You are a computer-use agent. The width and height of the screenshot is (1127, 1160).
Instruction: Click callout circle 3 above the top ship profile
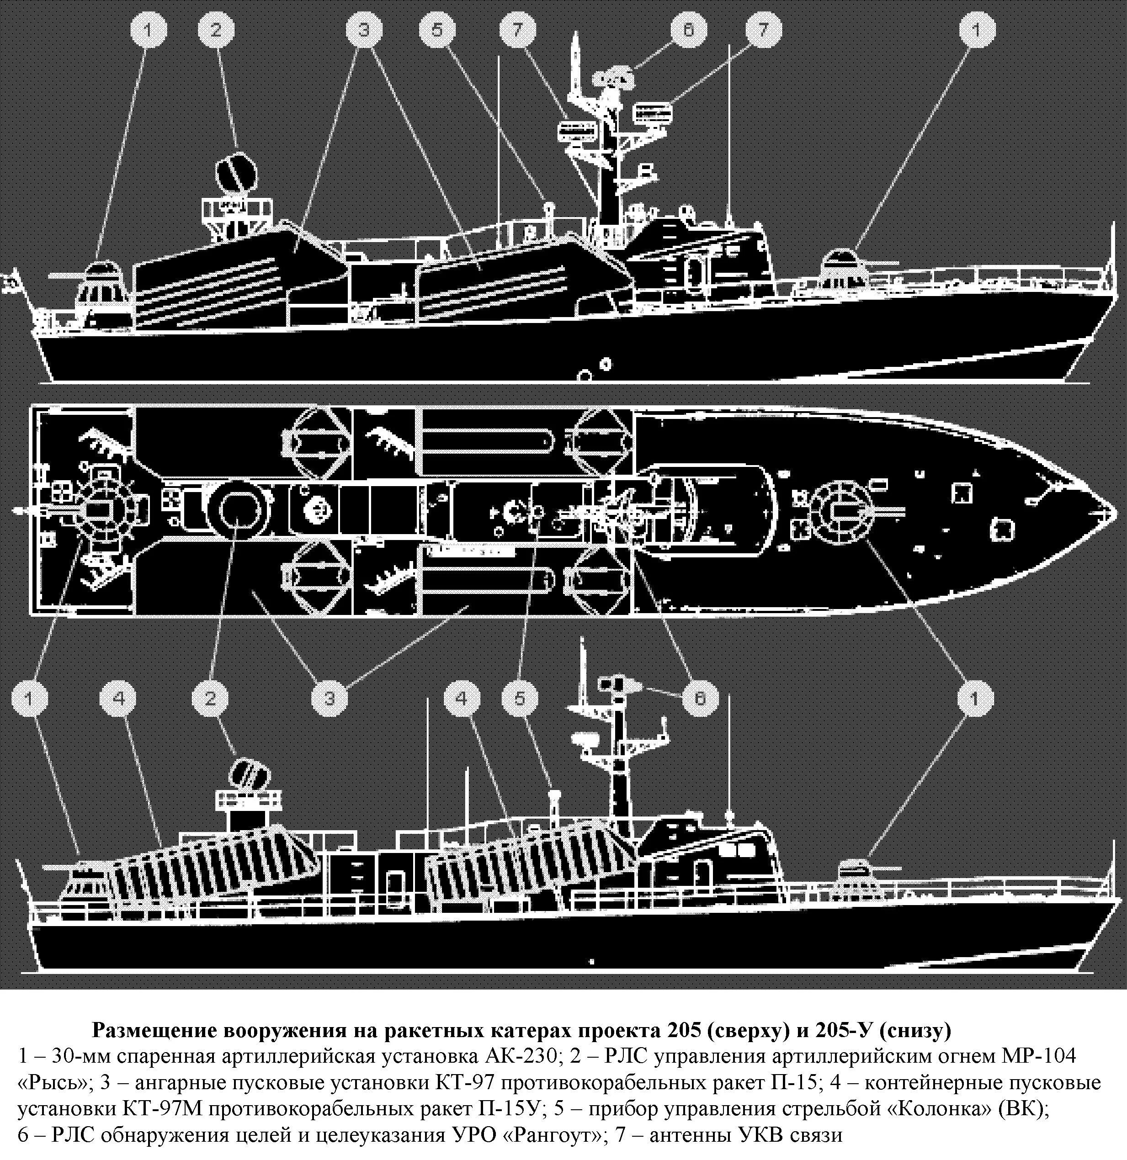coord(363,31)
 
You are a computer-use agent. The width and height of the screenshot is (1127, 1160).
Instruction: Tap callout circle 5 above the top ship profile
coord(437,31)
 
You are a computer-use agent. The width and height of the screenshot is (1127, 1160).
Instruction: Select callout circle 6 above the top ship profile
coord(688,31)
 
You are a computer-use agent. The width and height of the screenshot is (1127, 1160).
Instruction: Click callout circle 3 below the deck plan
coord(330,699)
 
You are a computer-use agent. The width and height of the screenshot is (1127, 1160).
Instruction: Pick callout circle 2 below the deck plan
coord(211,699)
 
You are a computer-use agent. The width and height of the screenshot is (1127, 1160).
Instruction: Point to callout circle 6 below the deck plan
coord(699,699)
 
